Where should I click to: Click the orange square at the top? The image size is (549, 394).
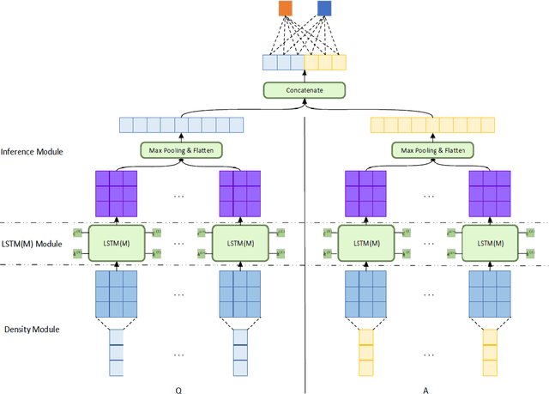pos(285,9)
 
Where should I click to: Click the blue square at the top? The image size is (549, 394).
pos(324,9)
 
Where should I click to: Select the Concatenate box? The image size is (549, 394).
pos(304,89)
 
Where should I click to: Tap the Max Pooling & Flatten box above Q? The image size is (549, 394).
pos(181,150)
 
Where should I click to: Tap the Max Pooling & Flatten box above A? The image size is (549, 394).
pos(432,150)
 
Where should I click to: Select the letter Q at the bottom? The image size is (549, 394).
pos(178,389)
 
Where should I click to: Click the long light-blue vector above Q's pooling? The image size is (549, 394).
pos(181,125)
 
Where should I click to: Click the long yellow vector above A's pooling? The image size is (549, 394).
pos(432,125)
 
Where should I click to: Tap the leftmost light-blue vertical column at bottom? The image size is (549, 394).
pos(117,355)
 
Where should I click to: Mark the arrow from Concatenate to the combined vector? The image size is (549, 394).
pos(304,76)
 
